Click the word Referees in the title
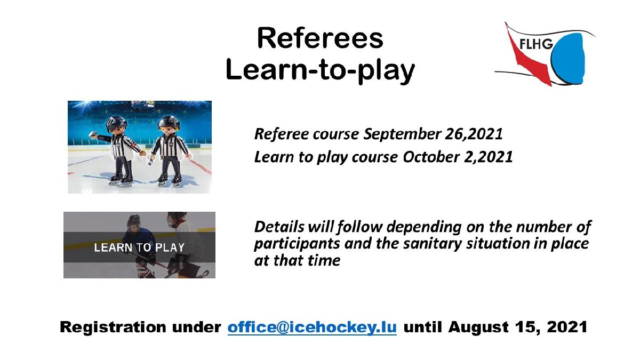[x=320, y=38]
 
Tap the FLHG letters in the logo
[x=536, y=44]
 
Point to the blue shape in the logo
[x=569, y=59]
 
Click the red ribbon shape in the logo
[x=529, y=60]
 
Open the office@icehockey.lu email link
[x=312, y=327]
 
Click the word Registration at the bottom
[x=113, y=327]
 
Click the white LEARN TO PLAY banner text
[x=139, y=247]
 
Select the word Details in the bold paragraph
[x=279, y=227]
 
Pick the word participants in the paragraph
[x=297, y=244]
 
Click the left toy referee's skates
[x=121, y=180]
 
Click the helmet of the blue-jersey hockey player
[x=134, y=221]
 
